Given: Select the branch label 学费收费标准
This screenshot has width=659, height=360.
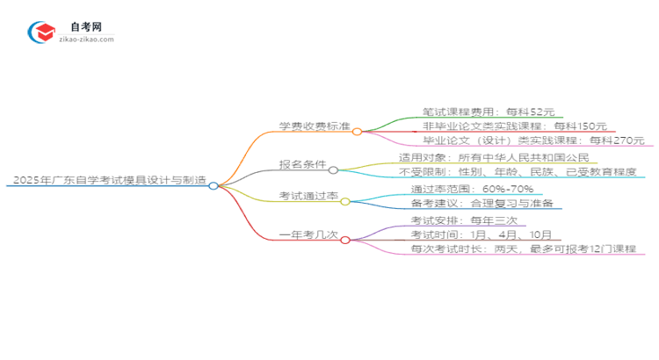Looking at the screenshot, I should tap(315, 126).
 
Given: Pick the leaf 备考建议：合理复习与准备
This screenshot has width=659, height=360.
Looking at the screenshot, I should tap(475, 203).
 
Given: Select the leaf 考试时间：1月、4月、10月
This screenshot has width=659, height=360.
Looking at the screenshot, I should tap(481, 234).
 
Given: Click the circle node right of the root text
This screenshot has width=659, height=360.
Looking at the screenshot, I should tap(214, 185).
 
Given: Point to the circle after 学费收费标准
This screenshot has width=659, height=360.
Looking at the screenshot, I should tap(358, 132).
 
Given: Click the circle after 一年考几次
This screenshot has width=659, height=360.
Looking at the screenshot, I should tap(345, 239).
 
